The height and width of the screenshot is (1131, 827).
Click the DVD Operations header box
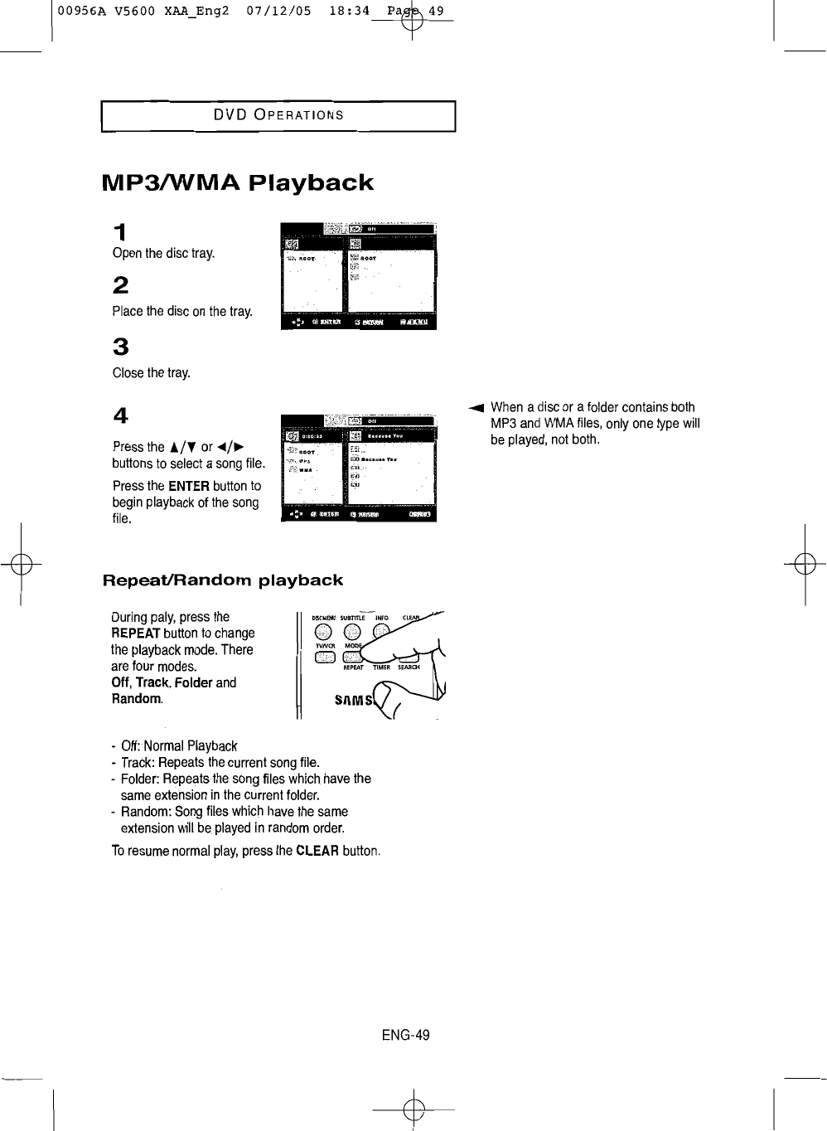[278, 115]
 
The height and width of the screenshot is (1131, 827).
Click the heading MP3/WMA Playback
[237, 182]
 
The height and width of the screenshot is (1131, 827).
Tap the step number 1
[120, 231]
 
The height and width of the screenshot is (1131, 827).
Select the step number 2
[120, 285]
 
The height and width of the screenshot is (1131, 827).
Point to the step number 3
[120, 347]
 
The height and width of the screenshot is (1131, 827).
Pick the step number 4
[120, 415]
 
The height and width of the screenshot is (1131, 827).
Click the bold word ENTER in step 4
[188, 486]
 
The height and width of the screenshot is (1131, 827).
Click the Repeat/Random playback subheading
[222, 580]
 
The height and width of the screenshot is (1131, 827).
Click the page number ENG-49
[406, 1035]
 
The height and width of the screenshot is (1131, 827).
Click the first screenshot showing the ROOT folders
[359, 276]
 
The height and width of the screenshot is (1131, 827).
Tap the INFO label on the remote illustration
[382, 618]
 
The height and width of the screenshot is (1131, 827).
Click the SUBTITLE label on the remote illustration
[352, 618]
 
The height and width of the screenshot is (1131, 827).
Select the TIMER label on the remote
[381, 667]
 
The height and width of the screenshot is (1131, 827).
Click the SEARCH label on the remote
[409, 667]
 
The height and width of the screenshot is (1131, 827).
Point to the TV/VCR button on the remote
[323, 658]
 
